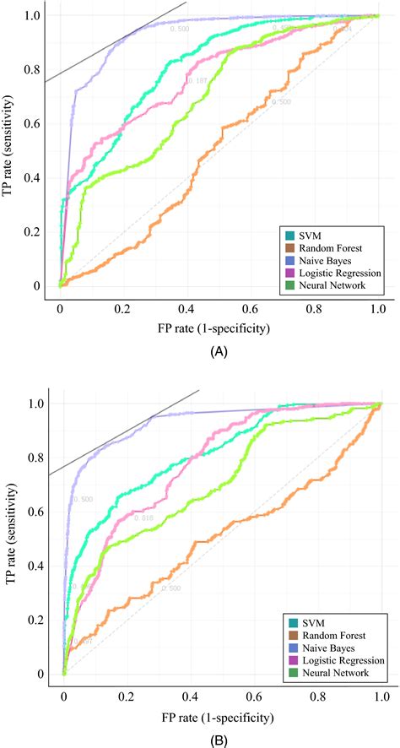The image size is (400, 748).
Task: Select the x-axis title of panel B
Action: click(221, 717)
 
